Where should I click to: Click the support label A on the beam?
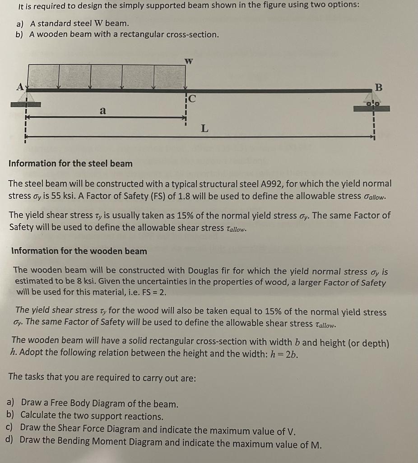[19, 86]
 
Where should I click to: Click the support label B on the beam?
[378, 87]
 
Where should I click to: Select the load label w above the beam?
[189, 61]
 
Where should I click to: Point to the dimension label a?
[103, 110]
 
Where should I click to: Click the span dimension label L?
[204, 128]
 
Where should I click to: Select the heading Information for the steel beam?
[70, 164]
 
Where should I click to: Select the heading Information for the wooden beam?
[79, 251]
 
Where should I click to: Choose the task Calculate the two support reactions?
[92, 416]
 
